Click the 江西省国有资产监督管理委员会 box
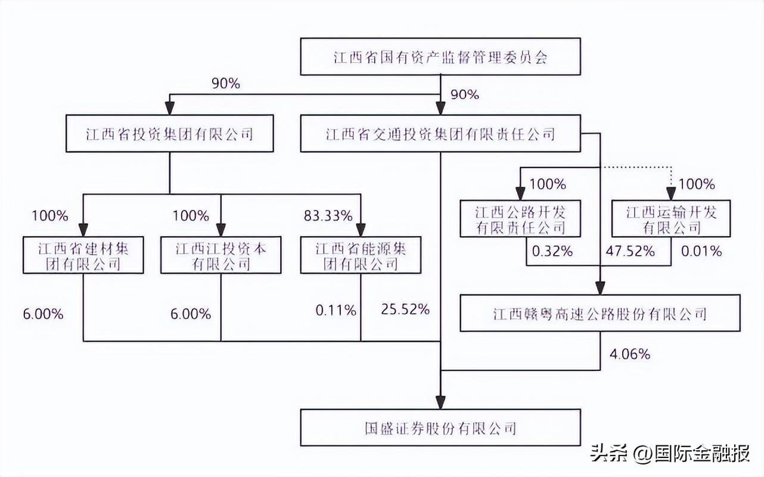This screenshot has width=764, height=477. point(440,57)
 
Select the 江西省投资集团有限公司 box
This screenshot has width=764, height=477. point(169,134)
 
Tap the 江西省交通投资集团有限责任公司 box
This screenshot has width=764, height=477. point(440,134)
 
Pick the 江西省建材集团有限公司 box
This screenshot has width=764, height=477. point(83,255)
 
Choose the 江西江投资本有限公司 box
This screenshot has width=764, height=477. point(221,255)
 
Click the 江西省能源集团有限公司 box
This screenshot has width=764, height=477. point(361,255)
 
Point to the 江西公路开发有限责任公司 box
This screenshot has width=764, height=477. point(520,219)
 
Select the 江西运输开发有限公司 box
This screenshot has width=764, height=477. point(671,219)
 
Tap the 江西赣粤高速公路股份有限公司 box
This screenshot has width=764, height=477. point(600,313)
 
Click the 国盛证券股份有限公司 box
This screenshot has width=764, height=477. point(440,428)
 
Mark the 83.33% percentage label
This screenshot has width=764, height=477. point(328,216)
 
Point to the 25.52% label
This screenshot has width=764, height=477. point(405,309)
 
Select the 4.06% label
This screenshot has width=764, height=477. point(630,354)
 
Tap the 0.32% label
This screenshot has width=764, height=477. point(552,251)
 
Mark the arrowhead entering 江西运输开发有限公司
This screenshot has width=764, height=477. point(671,193)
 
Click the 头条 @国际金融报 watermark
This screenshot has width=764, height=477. point(670,455)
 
